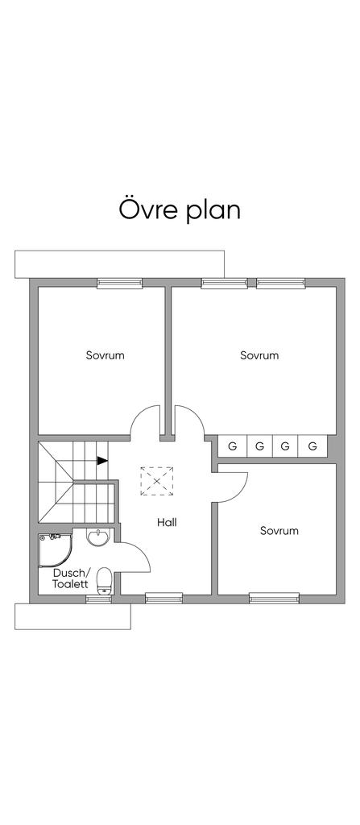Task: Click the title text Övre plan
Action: (180, 210)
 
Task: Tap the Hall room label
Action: (167, 522)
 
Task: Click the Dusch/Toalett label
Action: (72, 578)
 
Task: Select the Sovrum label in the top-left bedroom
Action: (106, 355)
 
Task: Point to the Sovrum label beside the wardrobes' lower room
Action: (279, 530)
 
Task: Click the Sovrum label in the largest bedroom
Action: (259, 355)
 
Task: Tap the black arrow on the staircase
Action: (102, 460)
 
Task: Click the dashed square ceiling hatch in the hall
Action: (157, 480)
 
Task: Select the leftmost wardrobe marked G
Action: (233, 446)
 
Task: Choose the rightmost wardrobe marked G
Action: (312, 446)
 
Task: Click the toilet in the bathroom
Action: (105, 581)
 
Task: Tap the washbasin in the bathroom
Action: (98, 537)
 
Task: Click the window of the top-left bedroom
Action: (120, 283)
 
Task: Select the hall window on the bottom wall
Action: (163, 597)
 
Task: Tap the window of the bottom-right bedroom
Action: (274, 597)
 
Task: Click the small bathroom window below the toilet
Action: (98, 599)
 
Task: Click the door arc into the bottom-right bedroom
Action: (242, 491)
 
